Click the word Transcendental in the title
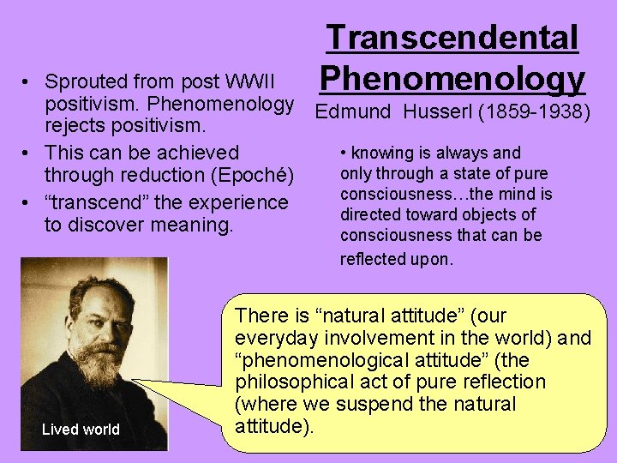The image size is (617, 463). pyautogui.click(x=452, y=38)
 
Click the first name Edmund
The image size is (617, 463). pyautogui.click(x=351, y=111)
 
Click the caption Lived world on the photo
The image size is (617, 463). pyautogui.click(x=81, y=430)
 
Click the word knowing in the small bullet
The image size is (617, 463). pyautogui.click(x=380, y=153)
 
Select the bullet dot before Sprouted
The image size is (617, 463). pyautogui.click(x=28, y=83)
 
